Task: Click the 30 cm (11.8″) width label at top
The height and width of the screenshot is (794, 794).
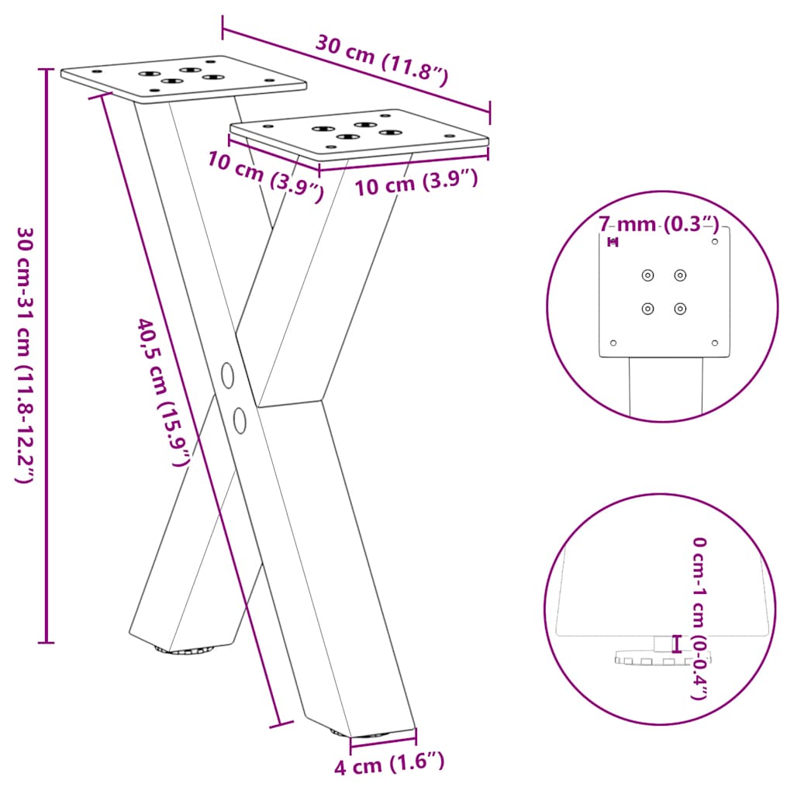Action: pos(381,60)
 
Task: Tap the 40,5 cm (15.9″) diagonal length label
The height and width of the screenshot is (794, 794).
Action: pos(164,392)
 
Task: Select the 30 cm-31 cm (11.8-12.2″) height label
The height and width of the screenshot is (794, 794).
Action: pos(25,355)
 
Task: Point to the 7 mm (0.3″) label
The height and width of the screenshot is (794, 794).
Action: pos(658,225)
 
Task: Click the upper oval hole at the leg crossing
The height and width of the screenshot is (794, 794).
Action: pos(227,375)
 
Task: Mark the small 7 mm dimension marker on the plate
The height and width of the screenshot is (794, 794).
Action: pos(613,243)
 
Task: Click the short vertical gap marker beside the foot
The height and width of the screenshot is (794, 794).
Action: pos(677,644)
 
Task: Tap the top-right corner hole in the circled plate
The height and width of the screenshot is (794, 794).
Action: pos(715,242)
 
